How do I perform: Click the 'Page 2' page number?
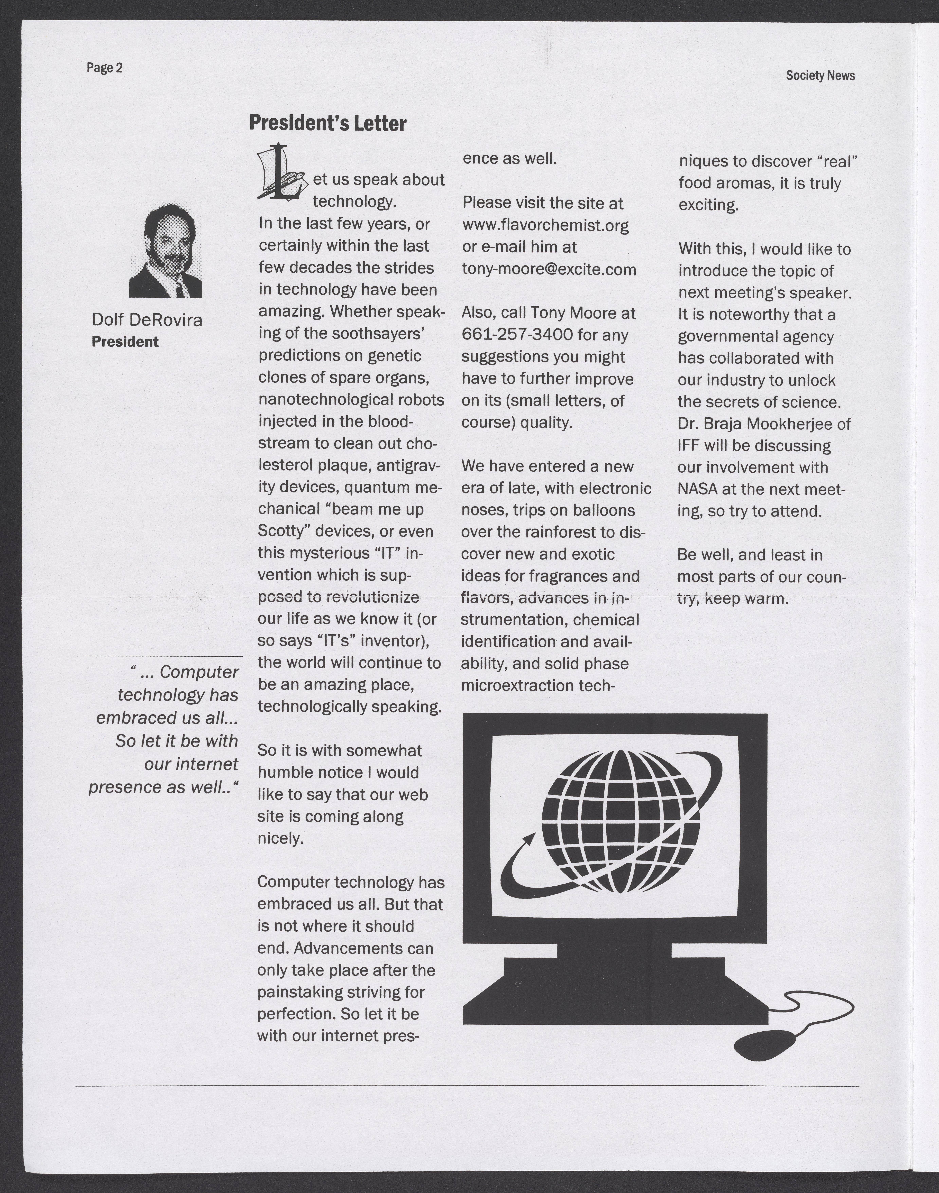[x=104, y=68]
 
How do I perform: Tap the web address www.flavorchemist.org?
[x=545, y=225]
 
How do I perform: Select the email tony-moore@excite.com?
[x=549, y=269]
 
